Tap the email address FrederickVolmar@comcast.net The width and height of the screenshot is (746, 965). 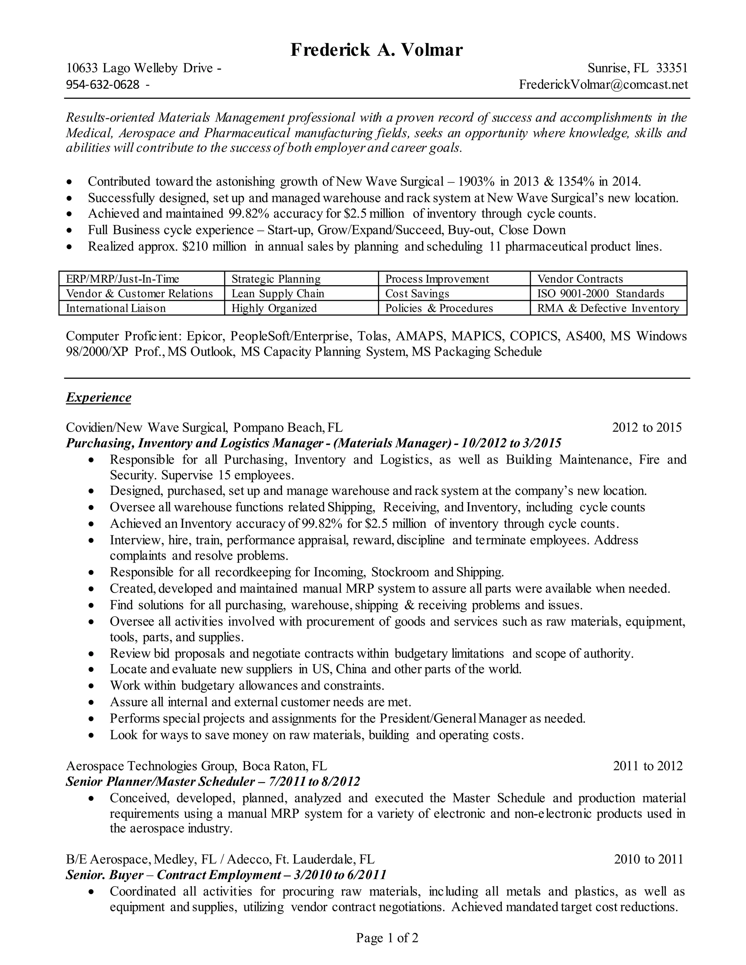pyautogui.click(x=603, y=84)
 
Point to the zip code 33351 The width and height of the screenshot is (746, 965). pyautogui.click(x=671, y=68)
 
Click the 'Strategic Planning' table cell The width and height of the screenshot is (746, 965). pyautogui.click(x=276, y=279)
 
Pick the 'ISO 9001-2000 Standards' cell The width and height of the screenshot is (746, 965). pyautogui.click(x=601, y=294)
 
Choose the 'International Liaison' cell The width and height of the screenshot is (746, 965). pyautogui.click(x=116, y=308)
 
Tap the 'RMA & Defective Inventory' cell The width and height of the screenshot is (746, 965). pyautogui.click(x=608, y=308)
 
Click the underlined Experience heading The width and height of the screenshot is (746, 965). pyautogui.click(x=99, y=397)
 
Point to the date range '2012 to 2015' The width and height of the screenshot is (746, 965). pyautogui.click(x=647, y=427)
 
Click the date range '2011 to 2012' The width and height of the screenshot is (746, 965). pyautogui.click(x=647, y=766)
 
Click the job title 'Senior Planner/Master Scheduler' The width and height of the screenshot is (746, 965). pyautogui.click(x=160, y=781)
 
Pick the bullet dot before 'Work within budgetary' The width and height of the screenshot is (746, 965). pyautogui.click(x=91, y=686)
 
